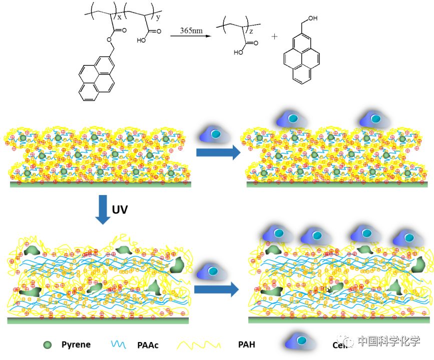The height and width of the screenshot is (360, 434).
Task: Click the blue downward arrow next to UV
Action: click(x=102, y=209)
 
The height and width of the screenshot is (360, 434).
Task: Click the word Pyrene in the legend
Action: click(x=76, y=344)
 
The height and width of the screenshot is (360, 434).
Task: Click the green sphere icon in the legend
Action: click(x=48, y=344)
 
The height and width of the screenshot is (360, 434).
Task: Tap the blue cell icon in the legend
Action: click(x=302, y=342)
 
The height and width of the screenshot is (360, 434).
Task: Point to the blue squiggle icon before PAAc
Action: click(x=119, y=344)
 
